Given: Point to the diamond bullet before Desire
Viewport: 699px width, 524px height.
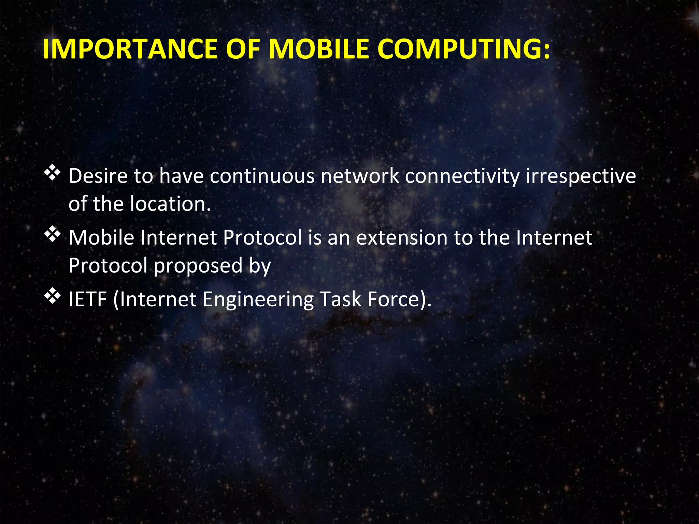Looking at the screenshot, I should coord(52,173).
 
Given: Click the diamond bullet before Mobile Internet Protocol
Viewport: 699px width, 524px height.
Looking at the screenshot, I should coord(52,235).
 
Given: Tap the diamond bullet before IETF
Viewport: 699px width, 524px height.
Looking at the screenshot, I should coord(52,296).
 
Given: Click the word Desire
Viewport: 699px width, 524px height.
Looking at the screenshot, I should coord(98,176).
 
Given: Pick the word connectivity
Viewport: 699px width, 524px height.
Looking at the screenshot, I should coord(462,176).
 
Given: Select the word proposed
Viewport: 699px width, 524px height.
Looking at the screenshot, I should coord(198,266).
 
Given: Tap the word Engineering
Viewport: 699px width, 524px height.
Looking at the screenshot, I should coord(258,300).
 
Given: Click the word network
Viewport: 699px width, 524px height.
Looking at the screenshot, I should coord(360,176).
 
